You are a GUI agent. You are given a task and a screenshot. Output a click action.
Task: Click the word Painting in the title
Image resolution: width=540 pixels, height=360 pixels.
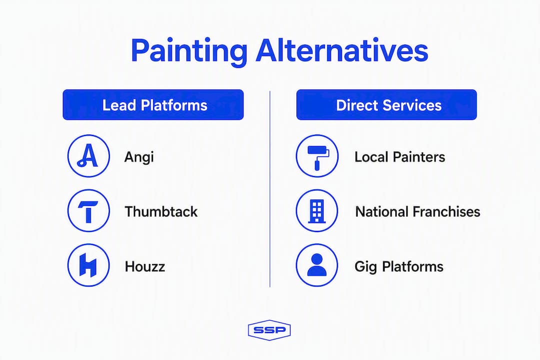189,51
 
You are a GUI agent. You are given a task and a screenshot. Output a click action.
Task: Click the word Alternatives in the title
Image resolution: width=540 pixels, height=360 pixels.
342,50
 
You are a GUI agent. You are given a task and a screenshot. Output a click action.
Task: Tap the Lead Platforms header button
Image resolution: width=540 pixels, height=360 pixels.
153,104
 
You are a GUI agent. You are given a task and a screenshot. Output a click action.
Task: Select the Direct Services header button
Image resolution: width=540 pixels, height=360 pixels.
386,104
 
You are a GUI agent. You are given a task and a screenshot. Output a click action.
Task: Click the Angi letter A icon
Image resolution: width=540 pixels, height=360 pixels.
88,155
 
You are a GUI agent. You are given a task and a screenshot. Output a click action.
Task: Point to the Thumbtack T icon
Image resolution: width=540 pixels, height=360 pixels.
88,210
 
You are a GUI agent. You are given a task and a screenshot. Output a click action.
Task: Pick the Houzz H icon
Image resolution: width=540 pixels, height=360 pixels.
88,265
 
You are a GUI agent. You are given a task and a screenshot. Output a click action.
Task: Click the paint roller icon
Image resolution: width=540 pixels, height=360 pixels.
317,155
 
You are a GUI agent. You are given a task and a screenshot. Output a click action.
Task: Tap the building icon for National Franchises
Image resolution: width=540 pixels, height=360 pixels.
317,210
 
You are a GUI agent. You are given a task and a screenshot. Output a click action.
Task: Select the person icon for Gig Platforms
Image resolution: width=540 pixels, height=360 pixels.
317,265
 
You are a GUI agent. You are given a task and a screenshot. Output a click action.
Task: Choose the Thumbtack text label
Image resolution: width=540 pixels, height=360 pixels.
161,211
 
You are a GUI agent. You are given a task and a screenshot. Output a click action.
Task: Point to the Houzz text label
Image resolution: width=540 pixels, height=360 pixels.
145,266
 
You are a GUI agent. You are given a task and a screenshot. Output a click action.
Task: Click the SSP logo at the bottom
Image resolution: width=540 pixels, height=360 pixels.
269,330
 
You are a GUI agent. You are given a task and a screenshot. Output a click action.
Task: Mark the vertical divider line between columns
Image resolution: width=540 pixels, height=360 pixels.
270,189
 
